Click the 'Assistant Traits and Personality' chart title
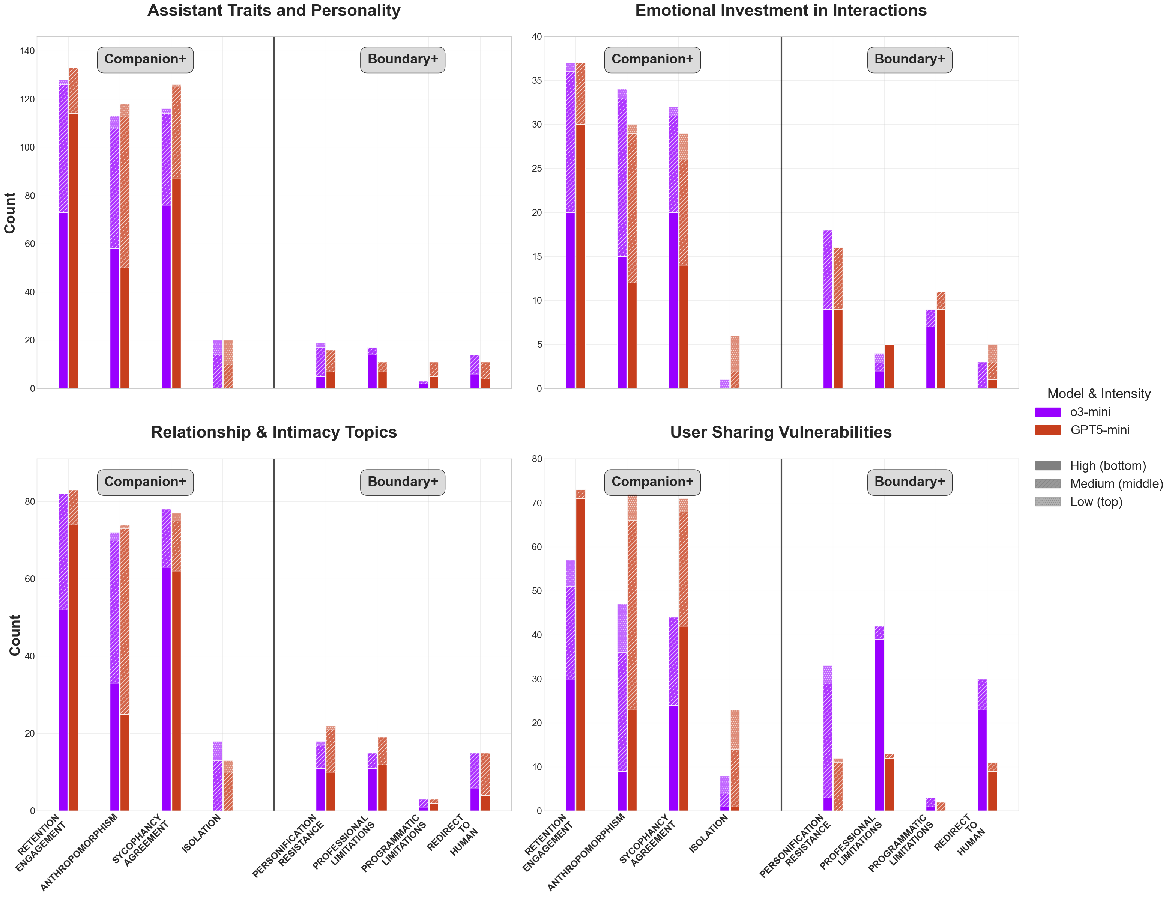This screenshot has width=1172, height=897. pyautogui.click(x=274, y=11)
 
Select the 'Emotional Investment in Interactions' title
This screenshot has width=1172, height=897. pyautogui.click(x=780, y=11)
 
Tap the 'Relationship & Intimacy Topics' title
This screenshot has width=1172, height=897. pyautogui.click(x=274, y=432)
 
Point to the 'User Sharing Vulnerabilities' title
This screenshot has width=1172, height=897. pyautogui.click(x=780, y=432)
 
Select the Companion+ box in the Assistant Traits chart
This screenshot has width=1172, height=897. pyautogui.click(x=145, y=59)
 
